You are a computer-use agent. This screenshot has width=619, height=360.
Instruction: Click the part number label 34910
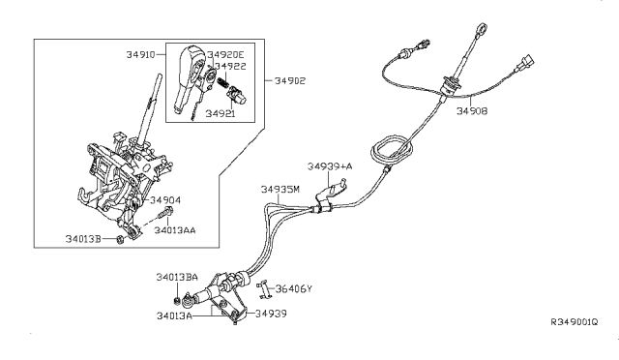coord(140,54)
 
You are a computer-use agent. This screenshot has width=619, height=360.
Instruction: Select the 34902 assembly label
coord(290,80)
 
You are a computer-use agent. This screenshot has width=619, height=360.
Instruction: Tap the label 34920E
coord(225,55)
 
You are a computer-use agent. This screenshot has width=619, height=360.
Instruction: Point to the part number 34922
coord(230,66)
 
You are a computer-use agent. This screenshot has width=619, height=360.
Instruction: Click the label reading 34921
coord(221,114)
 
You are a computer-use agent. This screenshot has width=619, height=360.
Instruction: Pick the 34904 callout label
coord(165,200)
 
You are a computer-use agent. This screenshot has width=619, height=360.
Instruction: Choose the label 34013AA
coord(174,230)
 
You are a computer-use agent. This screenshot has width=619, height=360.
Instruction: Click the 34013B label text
coord(83,239)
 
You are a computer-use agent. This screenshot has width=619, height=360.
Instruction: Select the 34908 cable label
coord(472,111)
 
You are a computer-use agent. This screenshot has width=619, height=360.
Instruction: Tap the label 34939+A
coord(330,166)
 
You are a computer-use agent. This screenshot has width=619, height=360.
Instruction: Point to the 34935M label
coord(280,190)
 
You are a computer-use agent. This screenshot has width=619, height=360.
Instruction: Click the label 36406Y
coord(294,288)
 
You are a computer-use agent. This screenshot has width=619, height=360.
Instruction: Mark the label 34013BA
coord(177,277)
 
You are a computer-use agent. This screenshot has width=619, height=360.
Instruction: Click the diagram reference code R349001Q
coord(575,322)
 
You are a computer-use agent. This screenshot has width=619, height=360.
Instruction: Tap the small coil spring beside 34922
coord(222,82)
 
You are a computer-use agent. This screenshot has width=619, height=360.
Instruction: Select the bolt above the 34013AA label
coord(165,214)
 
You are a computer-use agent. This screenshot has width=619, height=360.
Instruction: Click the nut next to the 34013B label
coord(120,239)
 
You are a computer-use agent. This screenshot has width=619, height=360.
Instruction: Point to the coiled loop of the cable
coord(393,149)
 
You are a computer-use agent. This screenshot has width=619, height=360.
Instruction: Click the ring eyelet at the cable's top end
coord(482,29)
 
